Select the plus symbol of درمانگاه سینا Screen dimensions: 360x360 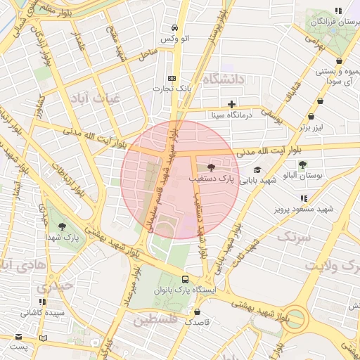(231, 104)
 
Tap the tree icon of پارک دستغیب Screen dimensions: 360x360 (212, 167)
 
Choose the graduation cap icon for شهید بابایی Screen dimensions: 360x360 (257, 170)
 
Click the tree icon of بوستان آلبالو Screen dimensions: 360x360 (302, 165)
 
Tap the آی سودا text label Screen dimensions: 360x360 (339, 82)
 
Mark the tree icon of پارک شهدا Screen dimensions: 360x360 (64, 226)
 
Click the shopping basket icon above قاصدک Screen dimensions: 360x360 (197, 311)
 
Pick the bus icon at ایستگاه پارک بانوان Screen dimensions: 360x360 (186, 279)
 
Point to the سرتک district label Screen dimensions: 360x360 (293, 236)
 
